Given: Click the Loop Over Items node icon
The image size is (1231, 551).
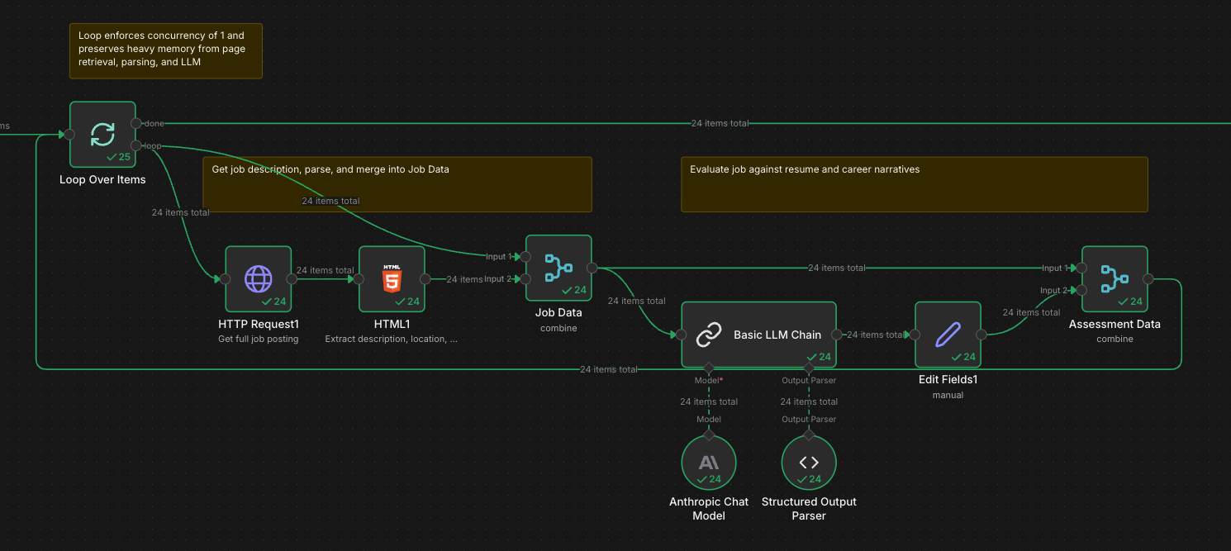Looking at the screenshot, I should [102, 134].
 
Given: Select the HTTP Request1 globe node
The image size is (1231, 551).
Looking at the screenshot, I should [258, 278].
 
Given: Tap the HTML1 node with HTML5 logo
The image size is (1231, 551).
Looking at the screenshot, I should [392, 278].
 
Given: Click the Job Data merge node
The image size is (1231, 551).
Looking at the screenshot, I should [558, 268].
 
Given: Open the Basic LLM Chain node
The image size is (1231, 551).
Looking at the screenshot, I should [758, 335].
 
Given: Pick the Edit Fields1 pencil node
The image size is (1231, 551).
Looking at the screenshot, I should [948, 335].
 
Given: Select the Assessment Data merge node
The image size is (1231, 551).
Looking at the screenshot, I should [1115, 278].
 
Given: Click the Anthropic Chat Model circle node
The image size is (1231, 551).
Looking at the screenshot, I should [708, 463].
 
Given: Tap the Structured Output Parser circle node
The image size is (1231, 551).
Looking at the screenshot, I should [809, 463].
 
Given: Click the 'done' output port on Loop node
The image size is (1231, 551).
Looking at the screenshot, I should [136, 123].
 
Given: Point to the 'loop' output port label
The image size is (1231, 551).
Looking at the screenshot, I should [154, 146].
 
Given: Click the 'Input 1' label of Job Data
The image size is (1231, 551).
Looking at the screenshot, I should [496, 257].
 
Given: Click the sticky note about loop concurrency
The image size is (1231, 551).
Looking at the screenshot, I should [165, 50].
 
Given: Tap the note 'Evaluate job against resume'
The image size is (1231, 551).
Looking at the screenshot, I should [914, 183].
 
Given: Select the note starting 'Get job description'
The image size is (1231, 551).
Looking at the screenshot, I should [397, 183].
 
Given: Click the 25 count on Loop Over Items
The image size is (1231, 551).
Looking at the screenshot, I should [124, 157].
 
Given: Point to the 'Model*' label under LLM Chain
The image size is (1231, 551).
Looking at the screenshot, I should [708, 381].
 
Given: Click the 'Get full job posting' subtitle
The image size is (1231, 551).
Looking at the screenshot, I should [258, 339].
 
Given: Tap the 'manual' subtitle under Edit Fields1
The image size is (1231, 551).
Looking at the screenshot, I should [948, 395].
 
